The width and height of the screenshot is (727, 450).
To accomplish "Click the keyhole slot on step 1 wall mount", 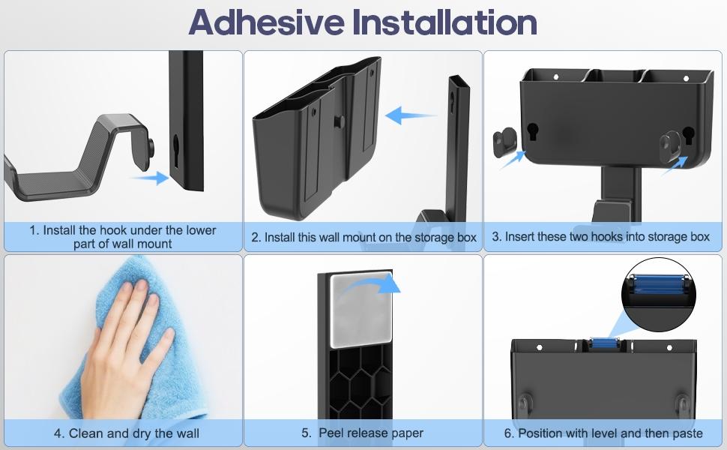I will pos(175,144).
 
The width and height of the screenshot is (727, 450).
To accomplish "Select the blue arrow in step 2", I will pos(410,116).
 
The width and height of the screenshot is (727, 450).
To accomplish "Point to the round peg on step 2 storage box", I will pos(338,121).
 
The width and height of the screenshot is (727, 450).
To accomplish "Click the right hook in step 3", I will pos(672,140).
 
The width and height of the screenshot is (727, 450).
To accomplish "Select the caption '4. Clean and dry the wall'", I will pos(126,433).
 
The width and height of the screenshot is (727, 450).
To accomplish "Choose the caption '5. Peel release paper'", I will pos(362,433).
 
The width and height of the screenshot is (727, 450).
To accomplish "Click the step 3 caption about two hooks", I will pos(600,237).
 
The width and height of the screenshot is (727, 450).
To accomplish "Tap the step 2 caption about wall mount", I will pos(363,238).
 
